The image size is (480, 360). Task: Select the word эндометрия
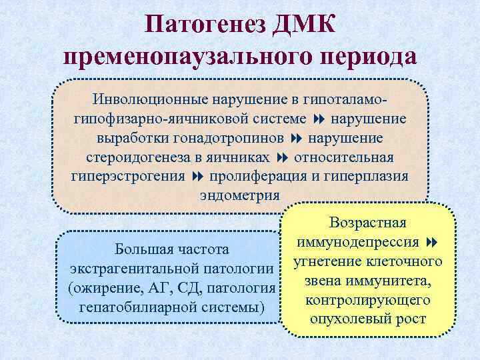tap(240, 195)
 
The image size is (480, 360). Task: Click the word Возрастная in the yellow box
tap(369, 222)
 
